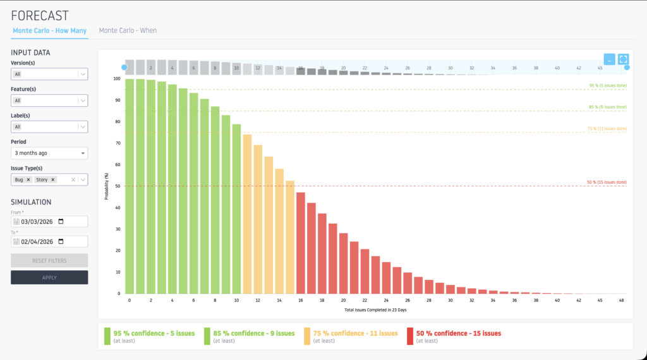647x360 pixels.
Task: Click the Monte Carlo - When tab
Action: (x=128, y=30)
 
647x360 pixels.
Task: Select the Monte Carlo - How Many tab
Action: (x=51, y=30)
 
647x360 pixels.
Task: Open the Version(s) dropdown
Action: (x=49, y=74)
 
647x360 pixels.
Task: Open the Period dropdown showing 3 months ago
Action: (x=49, y=153)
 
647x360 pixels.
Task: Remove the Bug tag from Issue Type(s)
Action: (x=28, y=180)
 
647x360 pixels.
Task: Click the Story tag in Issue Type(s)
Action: (x=42, y=180)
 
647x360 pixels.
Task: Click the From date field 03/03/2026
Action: (x=42, y=222)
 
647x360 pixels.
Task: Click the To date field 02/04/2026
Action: (x=42, y=241)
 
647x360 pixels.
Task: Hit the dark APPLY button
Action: (x=49, y=277)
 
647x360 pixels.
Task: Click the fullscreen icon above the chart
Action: (x=624, y=59)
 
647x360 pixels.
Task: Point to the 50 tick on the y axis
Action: (x=116, y=186)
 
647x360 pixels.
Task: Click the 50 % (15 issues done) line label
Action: (x=607, y=183)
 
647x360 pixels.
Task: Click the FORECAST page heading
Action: (x=40, y=15)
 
